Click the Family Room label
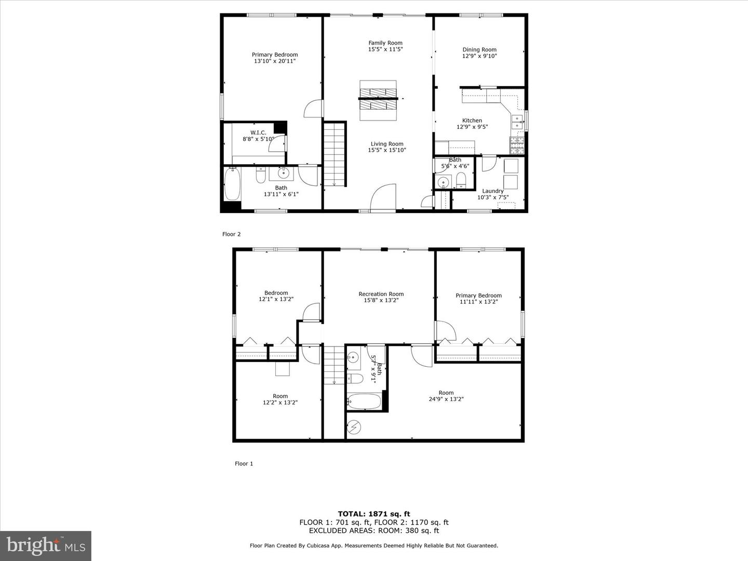pos(385,43)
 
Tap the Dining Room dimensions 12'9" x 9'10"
pos(479,56)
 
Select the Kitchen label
pos(472,121)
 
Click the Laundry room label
pos(492,191)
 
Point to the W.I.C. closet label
pos(258,133)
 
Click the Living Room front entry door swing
pos(384,198)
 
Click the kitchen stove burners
pos(518,145)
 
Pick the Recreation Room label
pos(381,294)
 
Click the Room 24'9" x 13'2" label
pos(446,393)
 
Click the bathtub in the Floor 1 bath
pos(364,402)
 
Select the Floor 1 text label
pos(244,464)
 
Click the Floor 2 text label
pos(231,234)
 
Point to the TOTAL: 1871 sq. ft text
pos(373,514)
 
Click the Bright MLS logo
pos(46,546)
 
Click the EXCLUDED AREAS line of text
pos(373,531)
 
